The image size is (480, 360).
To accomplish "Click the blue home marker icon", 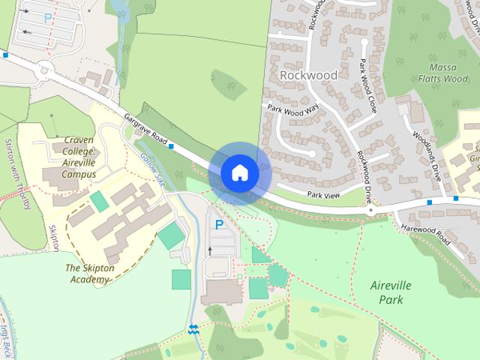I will point(239,172).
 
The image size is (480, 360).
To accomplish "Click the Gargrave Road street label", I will point(145,129).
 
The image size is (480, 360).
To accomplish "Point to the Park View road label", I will point(324,195).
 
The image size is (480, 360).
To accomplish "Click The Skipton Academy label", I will point(97,273).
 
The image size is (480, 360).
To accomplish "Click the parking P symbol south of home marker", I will point(219,224).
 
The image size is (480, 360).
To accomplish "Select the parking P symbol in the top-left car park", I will point(49,17).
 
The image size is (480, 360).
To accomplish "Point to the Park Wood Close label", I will point(367,85).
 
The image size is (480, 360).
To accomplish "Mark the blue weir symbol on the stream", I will point(193,328).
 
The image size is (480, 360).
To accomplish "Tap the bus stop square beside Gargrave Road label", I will point(172,145).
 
